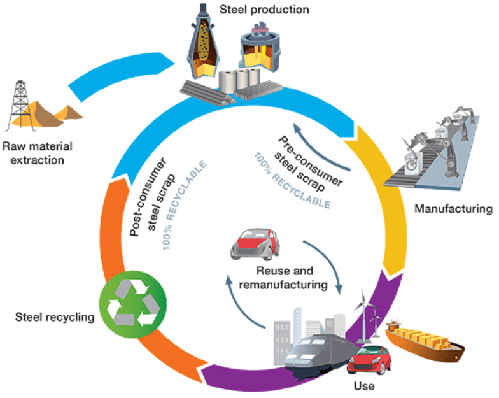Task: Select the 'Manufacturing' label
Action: [x=453, y=208]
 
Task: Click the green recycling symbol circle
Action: [x=133, y=299]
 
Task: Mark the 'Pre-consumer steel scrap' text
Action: [x=309, y=162]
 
